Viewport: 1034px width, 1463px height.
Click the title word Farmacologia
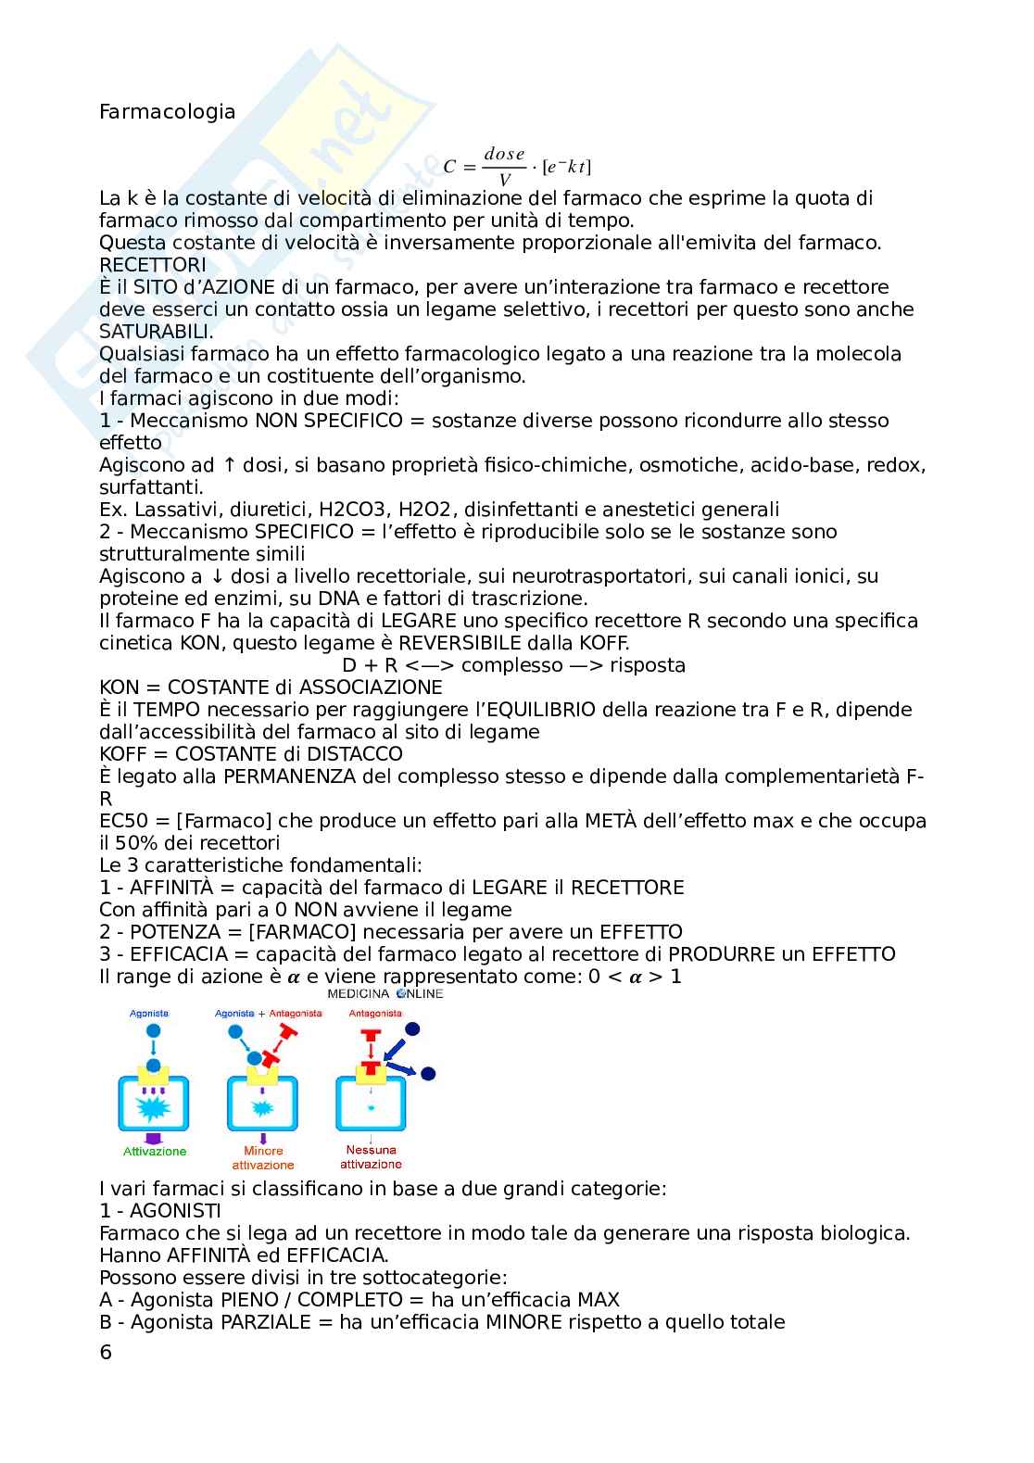[x=167, y=112]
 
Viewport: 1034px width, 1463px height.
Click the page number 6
[x=106, y=1352]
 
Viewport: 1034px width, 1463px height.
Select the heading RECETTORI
[x=153, y=265]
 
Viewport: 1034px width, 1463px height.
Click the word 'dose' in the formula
[x=504, y=154]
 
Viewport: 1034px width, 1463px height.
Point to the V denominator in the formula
[x=504, y=180]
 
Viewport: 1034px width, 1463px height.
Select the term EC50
[x=122, y=821]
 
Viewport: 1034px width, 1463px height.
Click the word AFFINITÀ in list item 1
[x=170, y=888]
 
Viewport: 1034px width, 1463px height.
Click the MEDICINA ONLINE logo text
[x=385, y=993]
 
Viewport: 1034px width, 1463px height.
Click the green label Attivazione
[x=155, y=1152]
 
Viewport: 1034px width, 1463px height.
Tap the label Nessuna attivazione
[x=371, y=1157]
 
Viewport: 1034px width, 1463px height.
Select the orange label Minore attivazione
[x=263, y=1158]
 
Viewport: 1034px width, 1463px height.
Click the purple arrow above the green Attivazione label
[x=154, y=1137]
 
